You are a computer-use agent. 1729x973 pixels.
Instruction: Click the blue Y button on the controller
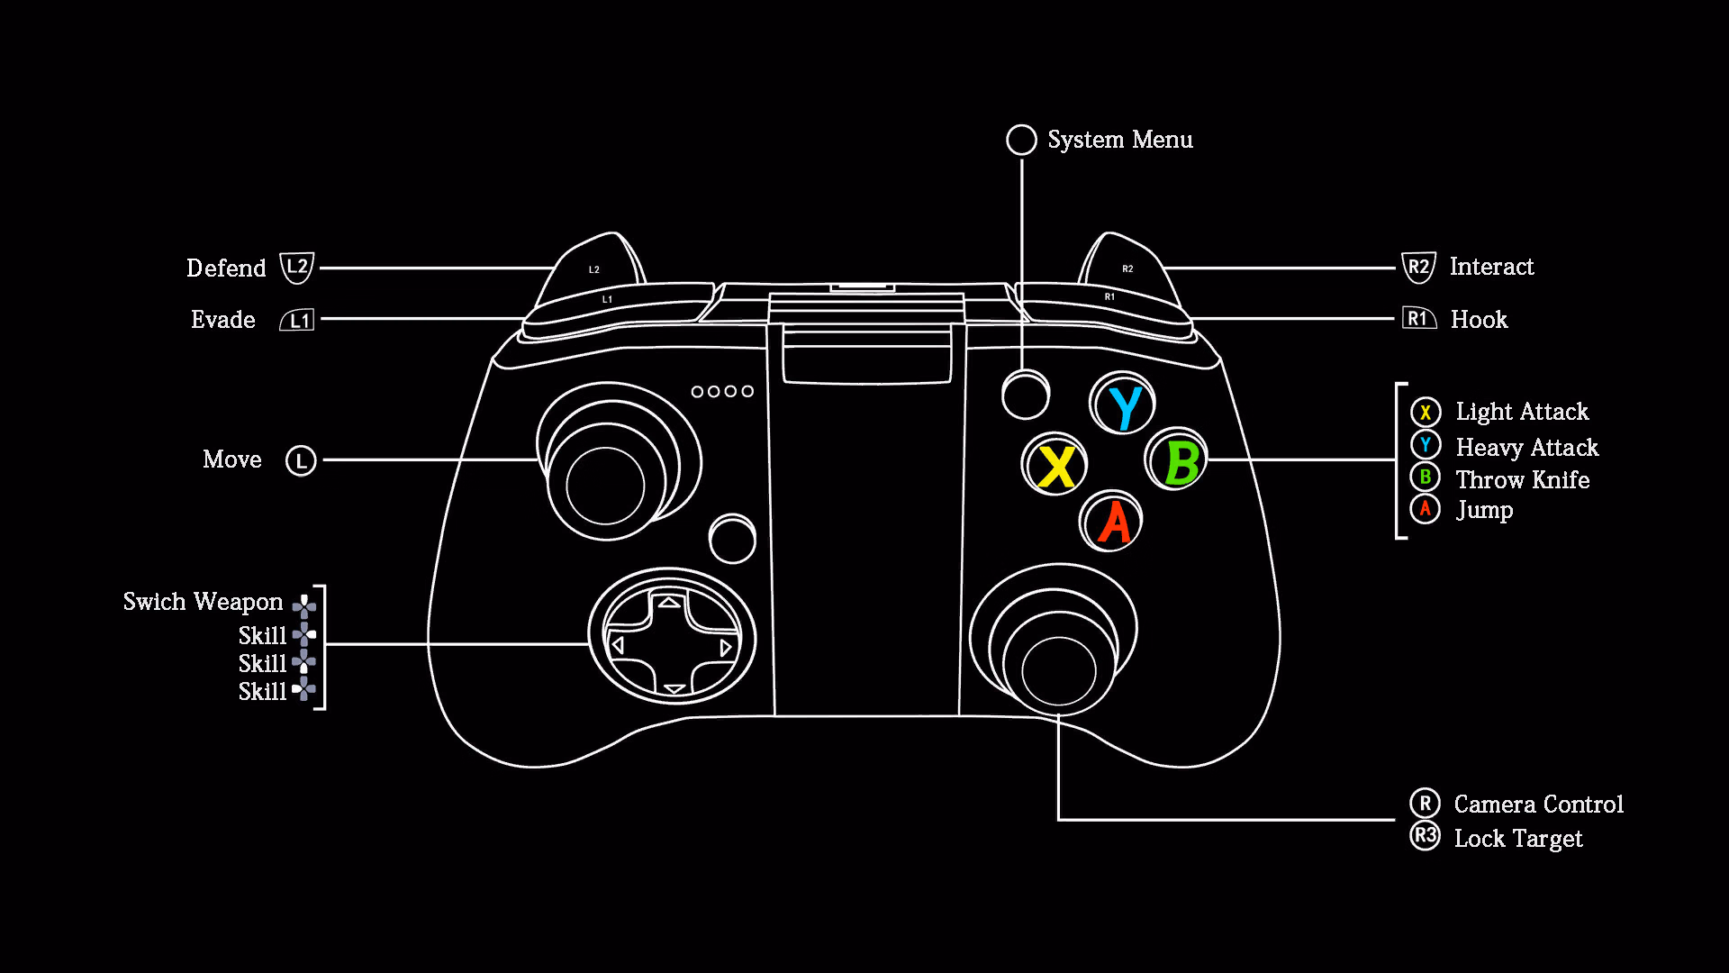point(1122,404)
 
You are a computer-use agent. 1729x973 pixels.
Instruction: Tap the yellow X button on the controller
point(1055,465)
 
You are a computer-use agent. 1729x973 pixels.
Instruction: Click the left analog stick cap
point(605,485)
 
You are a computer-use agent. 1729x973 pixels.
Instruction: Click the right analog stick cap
point(1058,669)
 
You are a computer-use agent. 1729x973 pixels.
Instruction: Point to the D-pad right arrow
point(725,648)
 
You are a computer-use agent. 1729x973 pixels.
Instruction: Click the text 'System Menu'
point(1120,140)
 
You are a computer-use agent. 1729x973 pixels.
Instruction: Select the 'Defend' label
point(226,268)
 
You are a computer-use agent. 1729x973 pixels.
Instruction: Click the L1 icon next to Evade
point(297,320)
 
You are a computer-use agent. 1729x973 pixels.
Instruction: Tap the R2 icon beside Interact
point(1418,267)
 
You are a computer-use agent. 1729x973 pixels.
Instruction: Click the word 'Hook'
point(1479,320)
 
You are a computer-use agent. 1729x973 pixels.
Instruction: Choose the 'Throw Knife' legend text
point(1523,479)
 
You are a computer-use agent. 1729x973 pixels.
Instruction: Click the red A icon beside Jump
point(1425,509)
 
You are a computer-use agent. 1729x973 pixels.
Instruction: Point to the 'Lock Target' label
point(1518,839)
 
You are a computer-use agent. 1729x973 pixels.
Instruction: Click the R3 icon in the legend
point(1425,835)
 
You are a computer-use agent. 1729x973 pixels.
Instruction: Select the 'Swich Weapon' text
point(203,602)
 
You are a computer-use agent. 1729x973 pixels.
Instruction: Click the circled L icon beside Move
point(301,460)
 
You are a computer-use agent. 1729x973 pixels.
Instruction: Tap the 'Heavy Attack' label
point(1527,448)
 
